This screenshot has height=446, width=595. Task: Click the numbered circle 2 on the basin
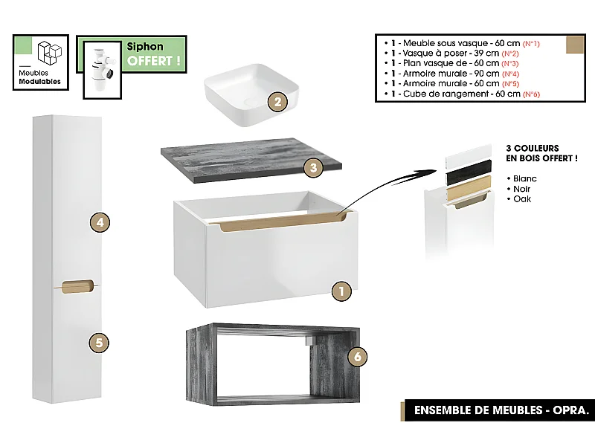click(277, 103)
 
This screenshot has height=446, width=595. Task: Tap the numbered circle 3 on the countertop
click(314, 168)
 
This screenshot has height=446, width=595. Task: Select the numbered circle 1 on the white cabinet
click(341, 291)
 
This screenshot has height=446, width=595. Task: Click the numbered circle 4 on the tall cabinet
click(100, 222)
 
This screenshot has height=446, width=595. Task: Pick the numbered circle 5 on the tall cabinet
click(100, 343)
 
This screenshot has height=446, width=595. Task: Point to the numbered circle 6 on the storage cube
click(358, 358)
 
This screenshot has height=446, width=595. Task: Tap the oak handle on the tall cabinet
click(77, 285)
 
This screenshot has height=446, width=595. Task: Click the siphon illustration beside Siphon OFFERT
click(98, 67)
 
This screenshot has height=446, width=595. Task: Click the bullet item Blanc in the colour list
click(524, 179)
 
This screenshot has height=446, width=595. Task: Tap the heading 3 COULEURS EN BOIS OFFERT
click(541, 154)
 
